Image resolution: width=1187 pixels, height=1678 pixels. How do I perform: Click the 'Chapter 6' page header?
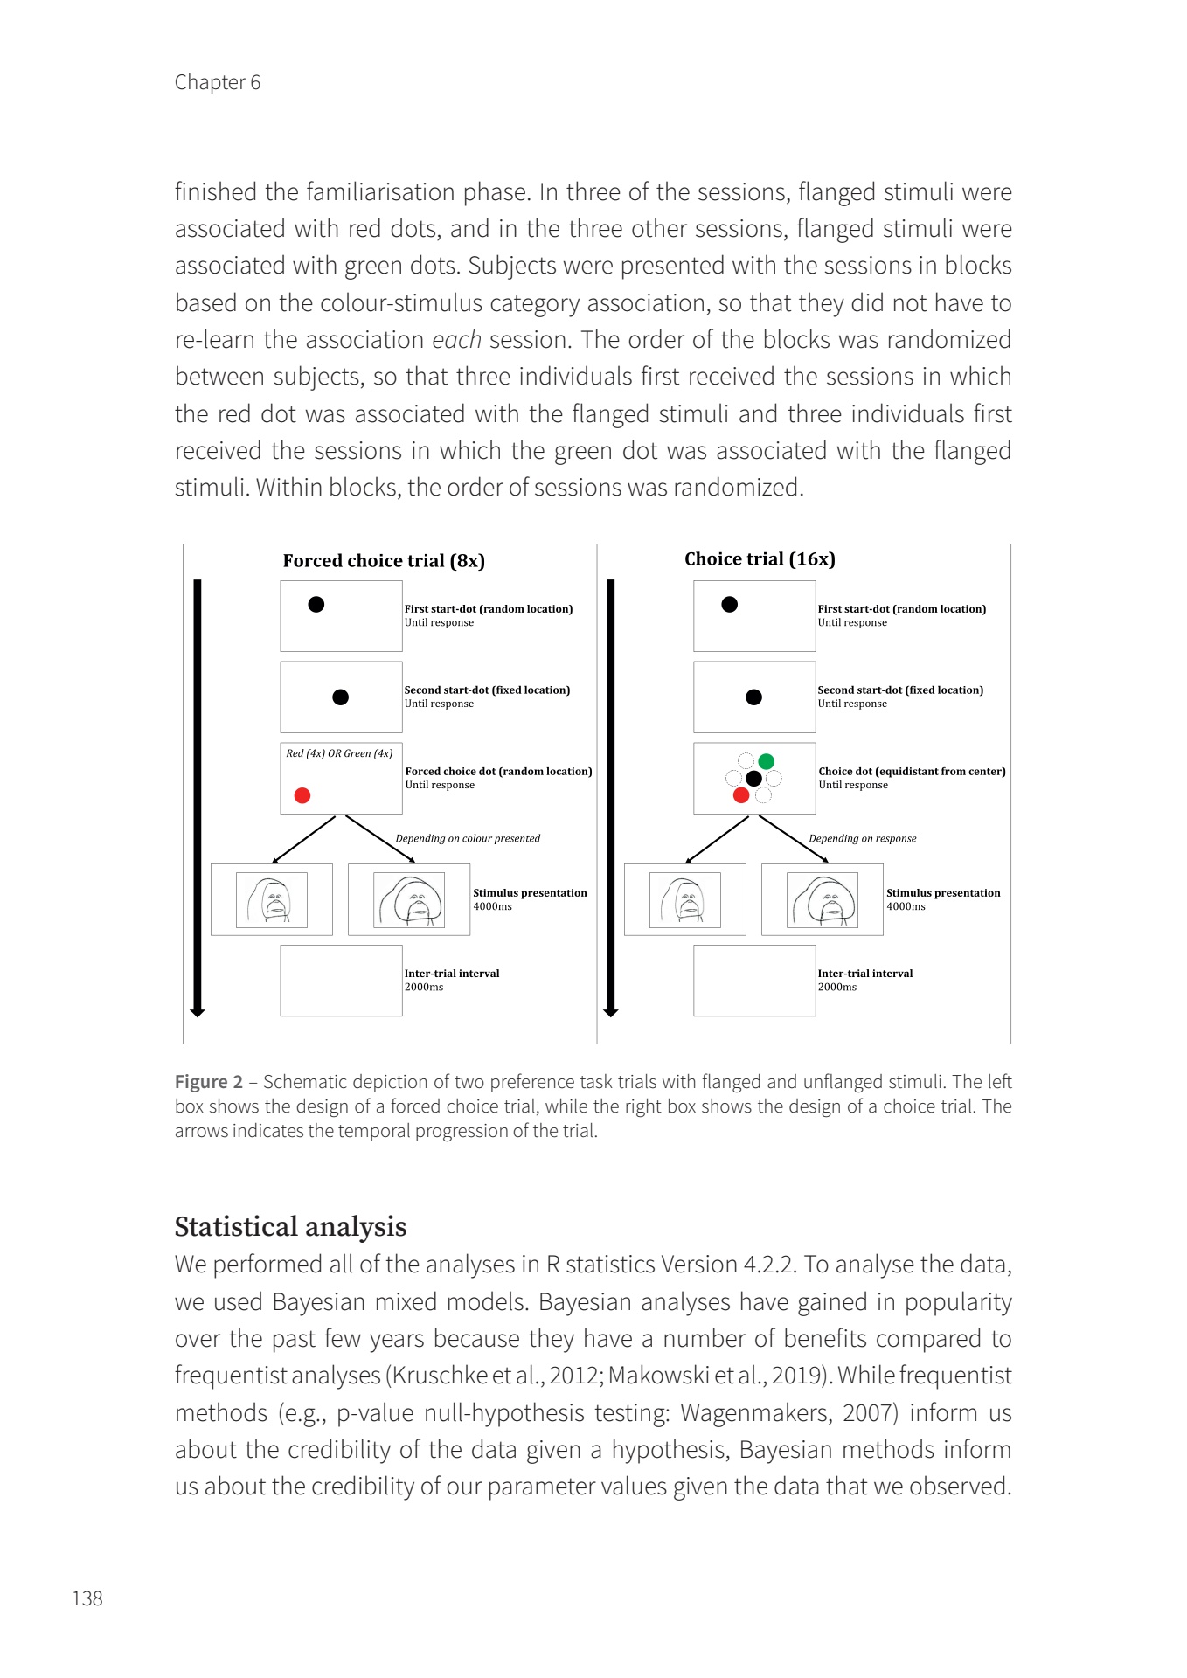[217, 82]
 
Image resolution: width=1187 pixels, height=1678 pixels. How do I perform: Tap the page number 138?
[87, 1598]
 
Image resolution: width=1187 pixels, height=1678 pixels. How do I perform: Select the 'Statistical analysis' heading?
[290, 1226]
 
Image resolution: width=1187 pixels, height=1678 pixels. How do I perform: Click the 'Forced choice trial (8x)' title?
[384, 561]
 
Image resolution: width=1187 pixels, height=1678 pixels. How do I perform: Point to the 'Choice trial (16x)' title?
[760, 559]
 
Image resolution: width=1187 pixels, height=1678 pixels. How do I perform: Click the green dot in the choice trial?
[767, 761]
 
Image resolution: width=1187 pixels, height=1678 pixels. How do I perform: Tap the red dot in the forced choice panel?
[302, 795]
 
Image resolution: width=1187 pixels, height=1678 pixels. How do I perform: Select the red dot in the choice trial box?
[741, 794]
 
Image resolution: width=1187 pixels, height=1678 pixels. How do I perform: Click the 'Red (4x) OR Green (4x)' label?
[339, 753]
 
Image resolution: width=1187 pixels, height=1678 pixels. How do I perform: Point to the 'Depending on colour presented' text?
[468, 838]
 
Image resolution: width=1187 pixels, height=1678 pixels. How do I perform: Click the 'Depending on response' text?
[863, 838]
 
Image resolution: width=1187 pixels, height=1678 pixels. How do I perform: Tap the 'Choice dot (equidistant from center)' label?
[912, 772]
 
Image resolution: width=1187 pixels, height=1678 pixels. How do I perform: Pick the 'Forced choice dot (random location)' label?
[498, 772]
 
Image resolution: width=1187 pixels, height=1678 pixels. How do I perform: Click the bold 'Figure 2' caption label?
[208, 1082]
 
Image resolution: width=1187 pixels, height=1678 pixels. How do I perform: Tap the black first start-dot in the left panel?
[316, 604]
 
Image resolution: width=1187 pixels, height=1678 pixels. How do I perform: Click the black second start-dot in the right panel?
[753, 697]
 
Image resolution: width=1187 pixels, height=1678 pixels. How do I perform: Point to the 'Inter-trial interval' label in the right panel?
[864, 974]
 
